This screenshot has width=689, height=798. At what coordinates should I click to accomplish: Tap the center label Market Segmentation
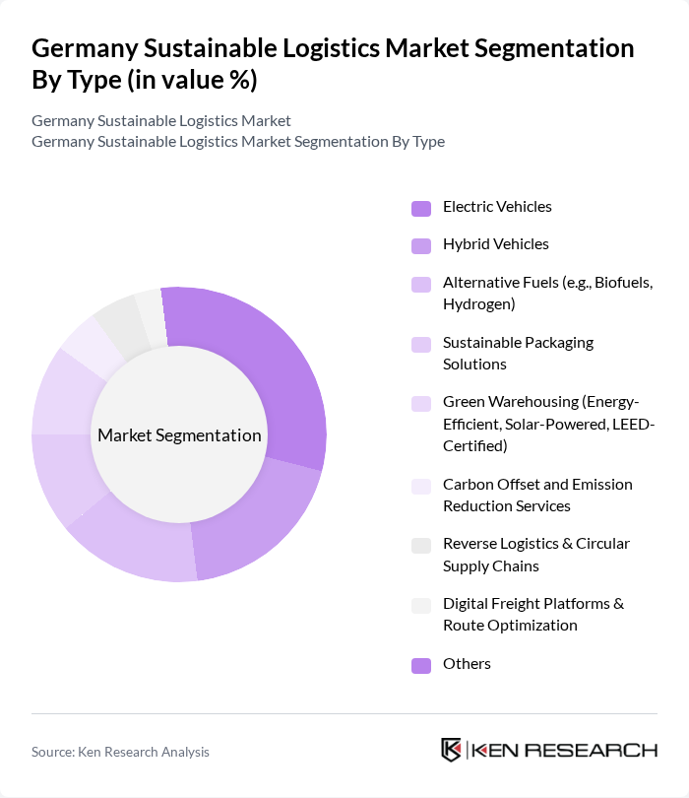pyautogui.click(x=179, y=435)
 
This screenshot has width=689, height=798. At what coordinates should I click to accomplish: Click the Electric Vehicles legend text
pyautogui.click(x=497, y=207)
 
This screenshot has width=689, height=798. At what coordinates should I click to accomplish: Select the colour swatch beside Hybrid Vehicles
pyautogui.click(x=421, y=245)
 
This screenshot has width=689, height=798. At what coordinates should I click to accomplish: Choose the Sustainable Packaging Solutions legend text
pyautogui.click(x=518, y=353)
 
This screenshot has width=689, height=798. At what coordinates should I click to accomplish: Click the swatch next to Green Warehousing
pyautogui.click(x=421, y=403)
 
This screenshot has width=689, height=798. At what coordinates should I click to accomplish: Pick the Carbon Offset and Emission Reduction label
pyautogui.click(x=537, y=495)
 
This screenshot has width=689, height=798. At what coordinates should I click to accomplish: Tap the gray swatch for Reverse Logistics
pyautogui.click(x=421, y=545)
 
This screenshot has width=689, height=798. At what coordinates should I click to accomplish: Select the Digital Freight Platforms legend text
pyautogui.click(x=533, y=614)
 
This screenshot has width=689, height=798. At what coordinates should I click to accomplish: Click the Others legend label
pyautogui.click(x=467, y=663)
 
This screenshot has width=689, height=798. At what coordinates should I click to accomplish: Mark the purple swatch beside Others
pyautogui.click(x=421, y=665)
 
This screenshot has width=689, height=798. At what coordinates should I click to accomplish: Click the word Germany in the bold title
pyautogui.click(x=85, y=48)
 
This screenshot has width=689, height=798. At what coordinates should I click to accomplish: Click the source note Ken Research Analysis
pyautogui.click(x=120, y=752)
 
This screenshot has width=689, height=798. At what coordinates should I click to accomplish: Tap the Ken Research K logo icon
pyautogui.click(x=453, y=750)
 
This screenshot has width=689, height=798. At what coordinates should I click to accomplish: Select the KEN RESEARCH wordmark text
pyautogui.click(x=565, y=750)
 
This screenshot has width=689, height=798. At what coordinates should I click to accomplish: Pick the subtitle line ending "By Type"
pyautogui.click(x=237, y=141)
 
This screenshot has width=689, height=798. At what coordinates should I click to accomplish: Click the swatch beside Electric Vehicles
pyautogui.click(x=421, y=208)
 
